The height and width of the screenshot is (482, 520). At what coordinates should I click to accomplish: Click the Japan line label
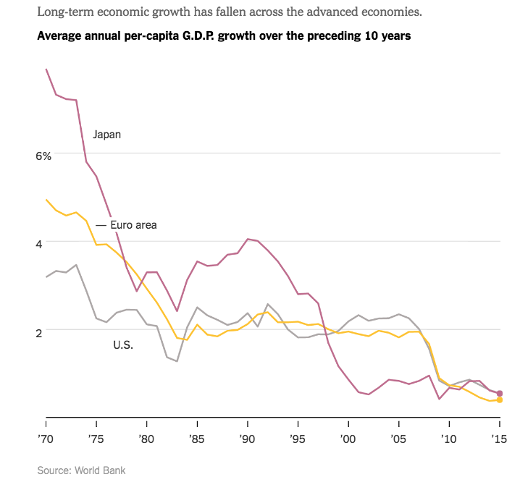click(x=106, y=135)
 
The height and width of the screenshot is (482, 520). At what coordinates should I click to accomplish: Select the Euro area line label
click(x=133, y=225)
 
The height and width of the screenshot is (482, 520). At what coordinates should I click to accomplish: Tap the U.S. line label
click(x=123, y=344)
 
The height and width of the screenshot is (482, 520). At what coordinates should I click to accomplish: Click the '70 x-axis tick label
click(x=46, y=439)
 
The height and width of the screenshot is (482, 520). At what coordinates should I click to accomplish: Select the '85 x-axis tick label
click(x=198, y=439)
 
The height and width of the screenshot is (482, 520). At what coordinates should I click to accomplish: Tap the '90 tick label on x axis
click(x=248, y=439)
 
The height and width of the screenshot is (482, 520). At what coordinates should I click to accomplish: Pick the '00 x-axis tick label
click(x=348, y=439)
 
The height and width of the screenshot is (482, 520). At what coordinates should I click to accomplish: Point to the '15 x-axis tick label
click(x=500, y=439)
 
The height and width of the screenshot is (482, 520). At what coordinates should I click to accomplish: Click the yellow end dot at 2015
click(x=500, y=400)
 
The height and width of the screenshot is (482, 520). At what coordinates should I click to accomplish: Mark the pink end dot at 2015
click(x=500, y=393)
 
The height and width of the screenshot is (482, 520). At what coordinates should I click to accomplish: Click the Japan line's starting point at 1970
click(x=46, y=69)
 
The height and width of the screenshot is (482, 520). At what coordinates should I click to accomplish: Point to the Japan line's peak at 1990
click(x=248, y=239)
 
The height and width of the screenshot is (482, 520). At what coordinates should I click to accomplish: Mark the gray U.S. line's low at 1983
click(x=177, y=361)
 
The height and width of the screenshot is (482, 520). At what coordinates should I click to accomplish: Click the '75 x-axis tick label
click(x=97, y=439)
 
